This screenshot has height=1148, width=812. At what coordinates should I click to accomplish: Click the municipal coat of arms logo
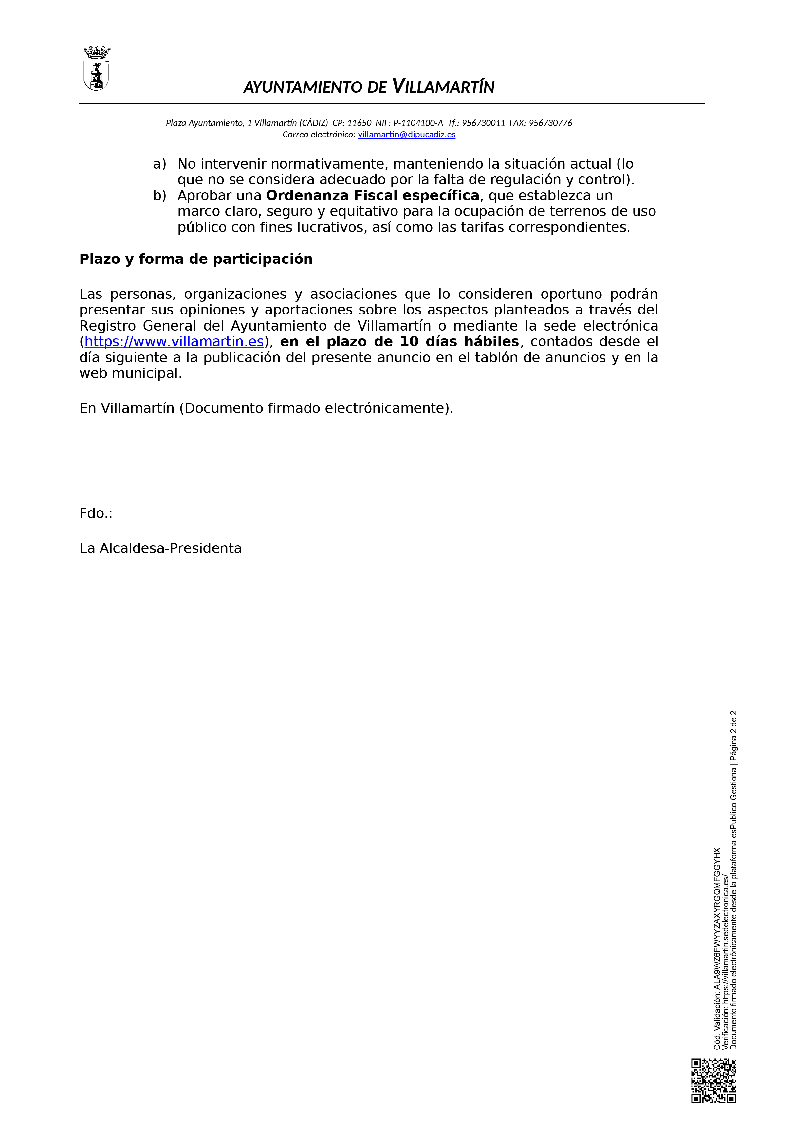(x=96, y=69)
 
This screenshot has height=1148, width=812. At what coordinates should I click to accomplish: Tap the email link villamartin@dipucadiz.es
(x=406, y=135)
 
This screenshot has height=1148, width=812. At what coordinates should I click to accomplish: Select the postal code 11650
(x=359, y=123)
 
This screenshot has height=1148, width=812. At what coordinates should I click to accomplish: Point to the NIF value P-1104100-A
(x=418, y=123)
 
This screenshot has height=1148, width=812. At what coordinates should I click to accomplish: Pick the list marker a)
(x=159, y=164)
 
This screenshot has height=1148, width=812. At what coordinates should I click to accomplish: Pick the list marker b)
(x=159, y=195)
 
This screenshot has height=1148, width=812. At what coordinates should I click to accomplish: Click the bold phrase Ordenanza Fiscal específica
(x=372, y=195)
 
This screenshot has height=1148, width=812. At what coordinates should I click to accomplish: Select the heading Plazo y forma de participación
(x=195, y=259)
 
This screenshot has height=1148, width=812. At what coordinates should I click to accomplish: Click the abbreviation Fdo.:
(x=96, y=513)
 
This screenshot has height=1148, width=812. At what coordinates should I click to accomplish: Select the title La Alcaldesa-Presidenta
(x=160, y=548)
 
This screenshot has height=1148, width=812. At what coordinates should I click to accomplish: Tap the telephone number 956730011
(x=483, y=123)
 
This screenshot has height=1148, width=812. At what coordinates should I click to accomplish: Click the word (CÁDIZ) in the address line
(x=314, y=123)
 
